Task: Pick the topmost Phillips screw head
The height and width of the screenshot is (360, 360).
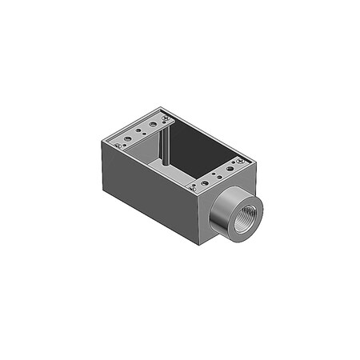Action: (166, 118)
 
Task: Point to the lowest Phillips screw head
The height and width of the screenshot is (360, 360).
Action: (194, 188)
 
